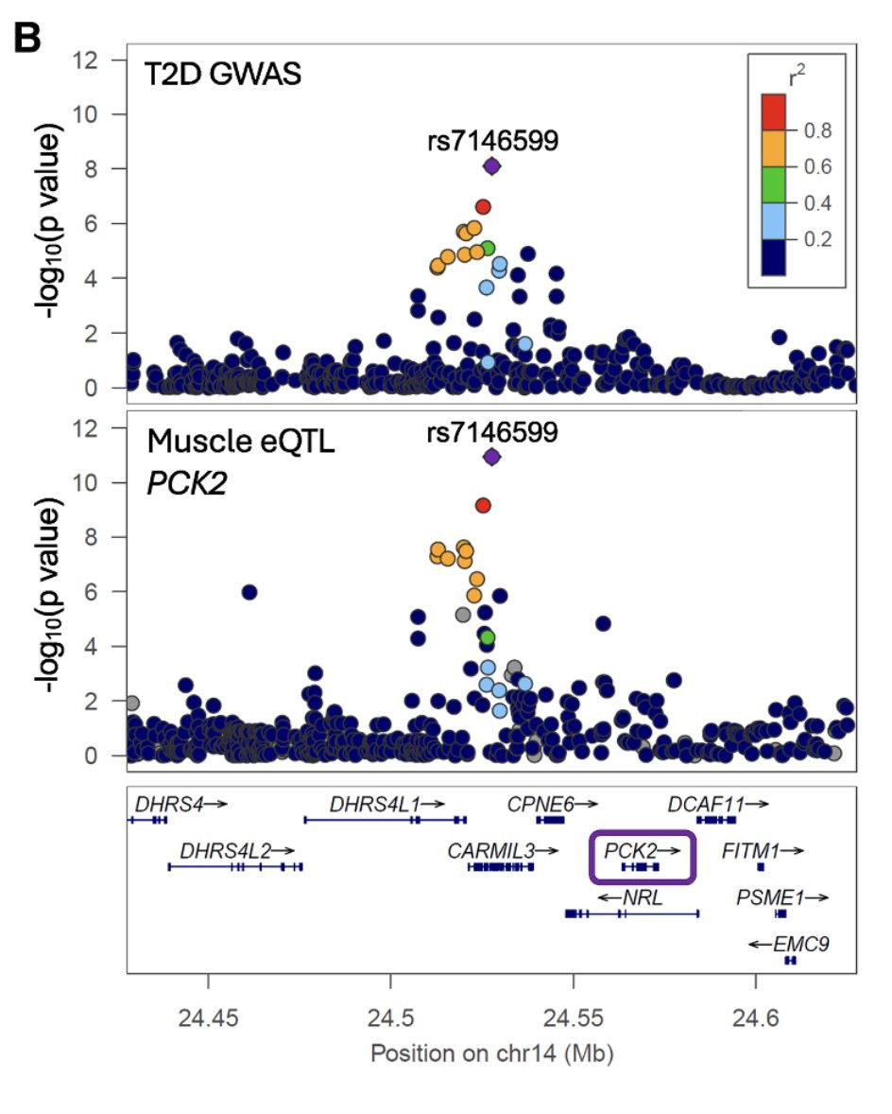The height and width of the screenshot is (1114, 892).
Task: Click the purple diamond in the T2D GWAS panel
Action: click(x=491, y=166)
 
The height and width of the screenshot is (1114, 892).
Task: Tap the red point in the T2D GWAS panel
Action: click(x=483, y=206)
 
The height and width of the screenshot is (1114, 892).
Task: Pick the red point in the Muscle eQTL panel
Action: click(x=483, y=505)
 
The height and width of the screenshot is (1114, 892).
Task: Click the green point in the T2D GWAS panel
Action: click(x=488, y=249)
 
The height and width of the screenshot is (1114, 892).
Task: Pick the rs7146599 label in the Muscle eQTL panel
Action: click(x=491, y=430)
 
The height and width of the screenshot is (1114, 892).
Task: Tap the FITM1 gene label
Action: click(x=752, y=850)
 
